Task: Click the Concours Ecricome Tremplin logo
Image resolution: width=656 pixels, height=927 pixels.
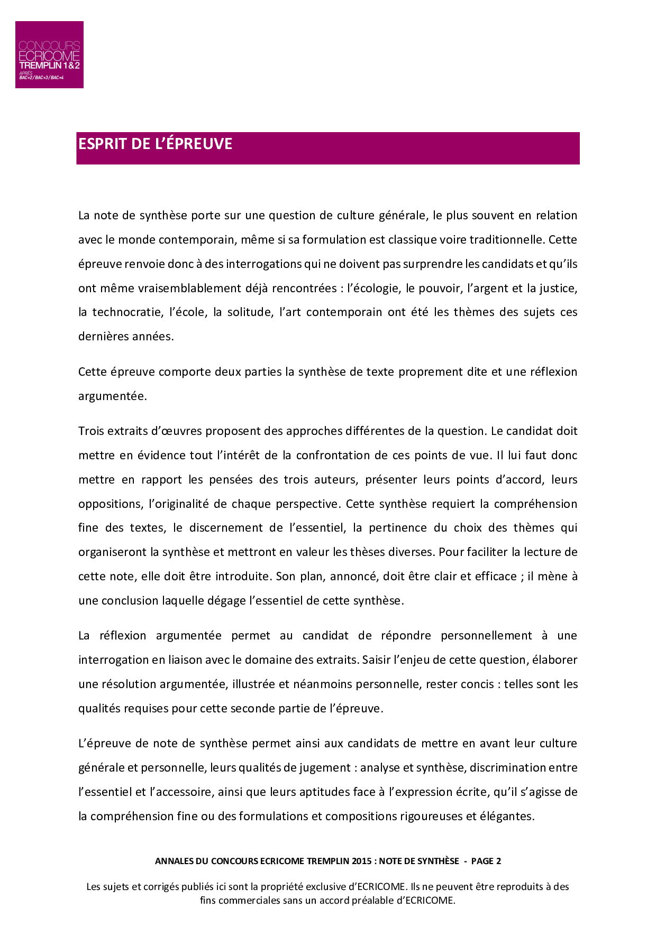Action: point(49,54)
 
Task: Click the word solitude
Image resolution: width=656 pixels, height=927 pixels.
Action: point(250,312)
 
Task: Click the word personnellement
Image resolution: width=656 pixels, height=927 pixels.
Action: point(486,635)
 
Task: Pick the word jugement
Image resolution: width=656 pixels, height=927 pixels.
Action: point(325,767)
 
